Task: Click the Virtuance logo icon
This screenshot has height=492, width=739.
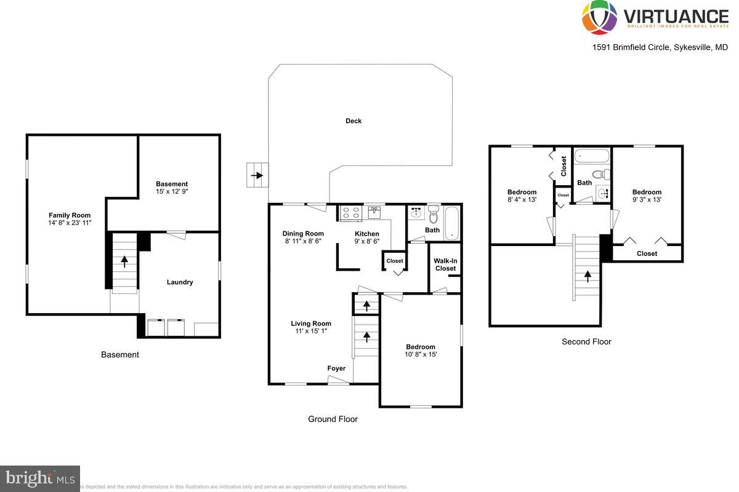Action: click(599, 17)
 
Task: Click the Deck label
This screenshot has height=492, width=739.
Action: click(353, 121)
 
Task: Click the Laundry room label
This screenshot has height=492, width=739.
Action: click(180, 282)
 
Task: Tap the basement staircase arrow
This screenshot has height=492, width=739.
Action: click(124, 261)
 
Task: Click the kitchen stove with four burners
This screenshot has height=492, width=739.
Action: click(351, 213)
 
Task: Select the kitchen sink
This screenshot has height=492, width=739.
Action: click(374, 212)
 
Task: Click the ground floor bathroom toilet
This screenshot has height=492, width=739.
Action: click(433, 216)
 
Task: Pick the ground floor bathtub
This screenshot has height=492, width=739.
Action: click(452, 223)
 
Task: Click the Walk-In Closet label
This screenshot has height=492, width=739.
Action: click(445, 264)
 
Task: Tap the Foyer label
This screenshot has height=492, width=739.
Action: click(336, 368)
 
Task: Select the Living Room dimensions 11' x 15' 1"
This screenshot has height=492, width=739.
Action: click(311, 331)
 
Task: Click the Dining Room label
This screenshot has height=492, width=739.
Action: click(303, 234)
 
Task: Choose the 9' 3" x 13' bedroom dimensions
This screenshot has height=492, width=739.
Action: click(647, 199)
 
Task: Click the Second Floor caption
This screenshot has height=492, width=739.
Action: click(586, 342)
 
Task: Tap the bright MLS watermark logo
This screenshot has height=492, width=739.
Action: click(40, 478)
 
